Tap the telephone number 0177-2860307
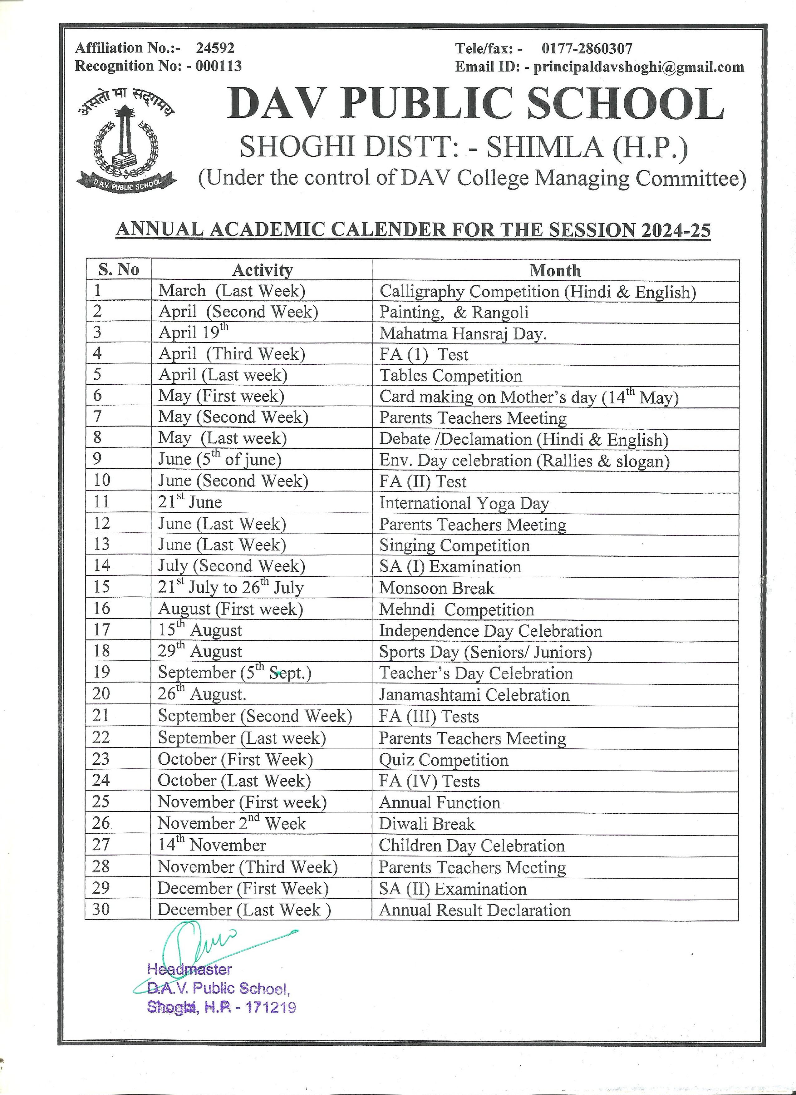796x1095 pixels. (587, 48)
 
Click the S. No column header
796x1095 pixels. (119, 269)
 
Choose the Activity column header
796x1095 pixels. (262, 270)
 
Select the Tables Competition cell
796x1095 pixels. (450, 376)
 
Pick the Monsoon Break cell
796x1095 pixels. (436, 588)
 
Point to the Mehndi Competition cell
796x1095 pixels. (456, 609)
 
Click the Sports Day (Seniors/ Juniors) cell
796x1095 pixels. (485, 652)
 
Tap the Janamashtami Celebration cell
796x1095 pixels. (474, 695)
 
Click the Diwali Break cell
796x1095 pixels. (427, 824)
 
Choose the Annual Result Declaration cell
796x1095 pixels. (474, 910)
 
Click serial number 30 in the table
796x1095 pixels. (101, 909)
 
